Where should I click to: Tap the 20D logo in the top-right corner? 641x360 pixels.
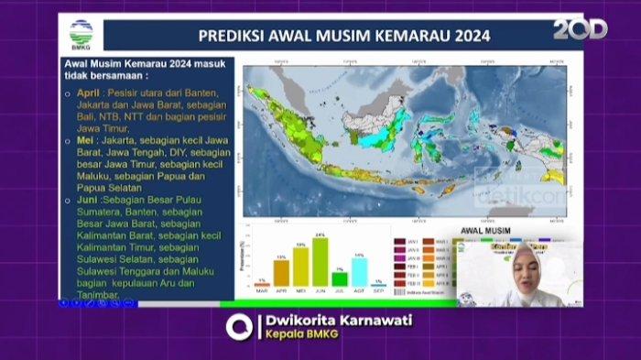[x=580, y=30]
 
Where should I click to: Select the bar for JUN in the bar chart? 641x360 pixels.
[x=320, y=262]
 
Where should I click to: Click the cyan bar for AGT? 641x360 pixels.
[x=360, y=272]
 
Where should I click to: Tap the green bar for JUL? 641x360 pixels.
[x=340, y=279]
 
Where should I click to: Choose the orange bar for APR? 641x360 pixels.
[x=281, y=273]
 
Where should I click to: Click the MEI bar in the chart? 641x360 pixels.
[x=300, y=267]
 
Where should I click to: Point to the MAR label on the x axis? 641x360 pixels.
[x=262, y=291]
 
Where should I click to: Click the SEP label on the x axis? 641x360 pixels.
[x=378, y=291]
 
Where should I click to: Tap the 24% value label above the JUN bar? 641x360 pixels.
[x=320, y=235]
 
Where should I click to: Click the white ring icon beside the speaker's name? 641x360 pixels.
[x=239, y=327]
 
